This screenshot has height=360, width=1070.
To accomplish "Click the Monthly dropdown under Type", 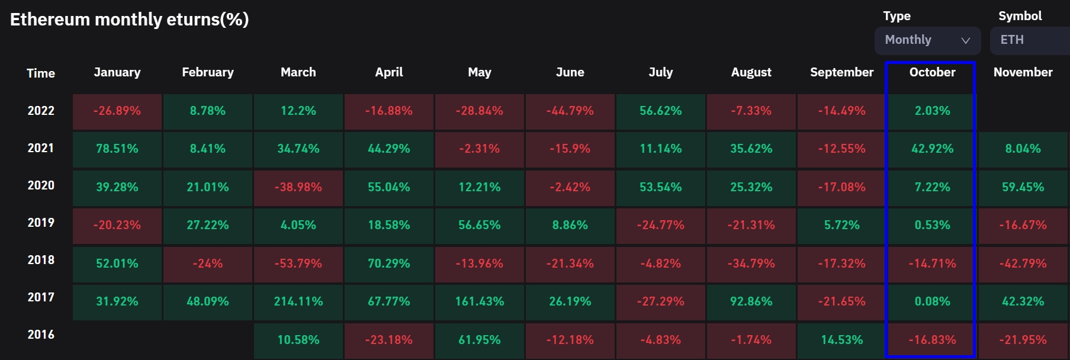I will pyautogui.click(x=927, y=40).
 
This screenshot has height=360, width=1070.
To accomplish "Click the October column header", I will pyautogui.click(x=932, y=72).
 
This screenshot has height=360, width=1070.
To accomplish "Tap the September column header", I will pyautogui.click(x=841, y=72).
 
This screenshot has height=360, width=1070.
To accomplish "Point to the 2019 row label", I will pyautogui.click(x=41, y=223).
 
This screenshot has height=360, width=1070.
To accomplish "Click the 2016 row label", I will pyautogui.click(x=41, y=335).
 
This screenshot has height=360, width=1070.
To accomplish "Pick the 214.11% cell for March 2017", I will pyautogui.click(x=298, y=301).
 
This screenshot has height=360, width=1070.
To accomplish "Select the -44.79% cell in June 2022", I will pyautogui.click(x=570, y=111).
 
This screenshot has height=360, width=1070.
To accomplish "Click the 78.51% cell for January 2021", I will pyautogui.click(x=117, y=149).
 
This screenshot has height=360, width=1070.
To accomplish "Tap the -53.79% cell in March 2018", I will pyautogui.click(x=298, y=263).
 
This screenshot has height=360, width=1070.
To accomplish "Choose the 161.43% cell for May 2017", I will pyautogui.click(x=480, y=301).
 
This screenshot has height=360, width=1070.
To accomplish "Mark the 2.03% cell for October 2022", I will pyautogui.click(x=932, y=111).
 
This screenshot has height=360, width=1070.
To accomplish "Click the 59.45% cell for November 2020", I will pyautogui.click(x=1023, y=187).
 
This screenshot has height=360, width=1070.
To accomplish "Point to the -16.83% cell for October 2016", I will pyautogui.click(x=932, y=340).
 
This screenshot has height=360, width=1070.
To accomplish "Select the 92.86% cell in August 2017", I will pyautogui.click(x=751, y=301).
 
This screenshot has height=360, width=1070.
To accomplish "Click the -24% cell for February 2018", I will pyautogui.click(x=208, y=263).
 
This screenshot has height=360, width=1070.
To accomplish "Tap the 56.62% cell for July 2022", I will pyautogui.click(x=660, y=111).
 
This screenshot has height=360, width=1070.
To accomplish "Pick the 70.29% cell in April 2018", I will pyautogui.click(x=389, y=263).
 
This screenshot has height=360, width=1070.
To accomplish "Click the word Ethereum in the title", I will pyautogui.click(x=50, y=20).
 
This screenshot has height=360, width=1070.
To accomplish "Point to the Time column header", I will pyautogui.click(x=41, y=73).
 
